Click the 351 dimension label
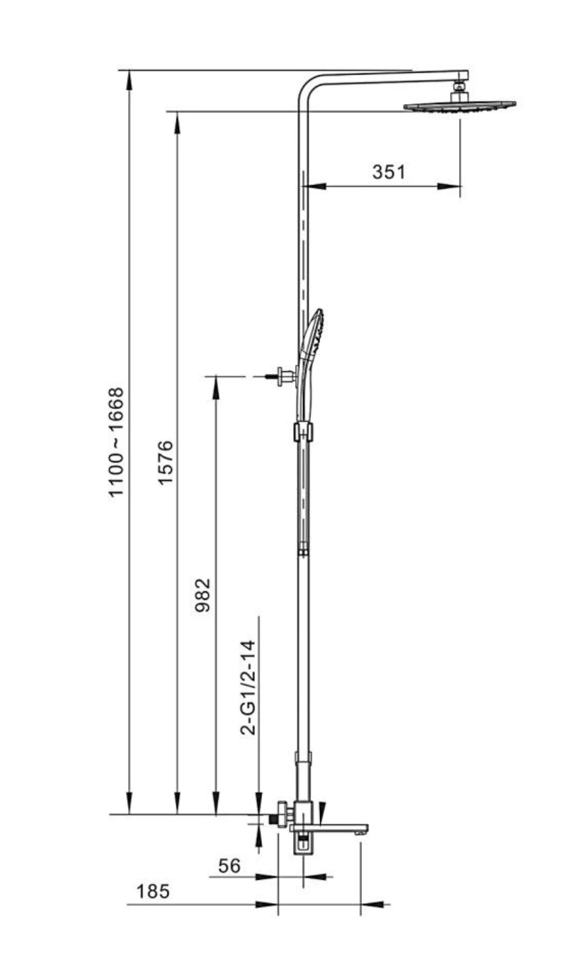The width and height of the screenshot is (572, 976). coord(389,172)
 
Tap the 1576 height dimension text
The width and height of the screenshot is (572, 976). coord(166,463)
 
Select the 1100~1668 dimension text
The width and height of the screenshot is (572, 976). coord(116,442)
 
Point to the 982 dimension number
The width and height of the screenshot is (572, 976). coord(202,596)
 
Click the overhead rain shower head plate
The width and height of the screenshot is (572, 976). coord(460,106)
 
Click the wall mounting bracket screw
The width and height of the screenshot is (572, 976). coord(272,376)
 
